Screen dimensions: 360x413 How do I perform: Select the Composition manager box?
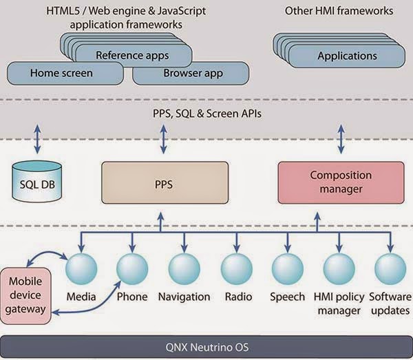click(341, 184)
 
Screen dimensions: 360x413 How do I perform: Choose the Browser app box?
click(188, 72)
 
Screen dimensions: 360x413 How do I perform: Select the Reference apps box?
click(132, 55)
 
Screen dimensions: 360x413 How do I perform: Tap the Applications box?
click(348, 56)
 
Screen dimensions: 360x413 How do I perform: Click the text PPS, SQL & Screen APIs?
click(204, 113)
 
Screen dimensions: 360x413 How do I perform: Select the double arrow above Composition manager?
click(341, 139)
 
